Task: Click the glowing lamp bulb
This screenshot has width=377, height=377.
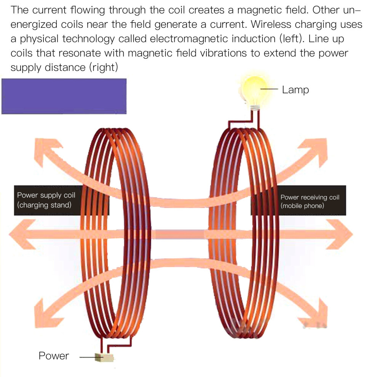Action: pyautogui.click(x=254, y=90)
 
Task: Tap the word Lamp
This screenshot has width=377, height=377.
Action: pyautogui.click(x=295, y=90)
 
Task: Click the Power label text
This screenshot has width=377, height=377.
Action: pyautogui.click(x=54, y=356)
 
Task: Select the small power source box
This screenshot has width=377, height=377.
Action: pyautogui.click(x=104, y=358)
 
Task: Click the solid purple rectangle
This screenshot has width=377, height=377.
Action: pyautogui.click(x=64, y=96)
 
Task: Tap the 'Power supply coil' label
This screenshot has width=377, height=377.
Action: pyautogui.click(x=46, y=195)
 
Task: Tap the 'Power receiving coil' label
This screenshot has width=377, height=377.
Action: pyautogui.click(x=310, y=197)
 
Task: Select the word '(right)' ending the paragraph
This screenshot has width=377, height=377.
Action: pyautogui.click(x=104, y=67)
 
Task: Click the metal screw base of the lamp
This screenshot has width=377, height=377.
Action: pyautogui.click(x=255, y=108)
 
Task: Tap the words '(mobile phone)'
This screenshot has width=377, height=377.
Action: pyautogui.click(x=302, y=206)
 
